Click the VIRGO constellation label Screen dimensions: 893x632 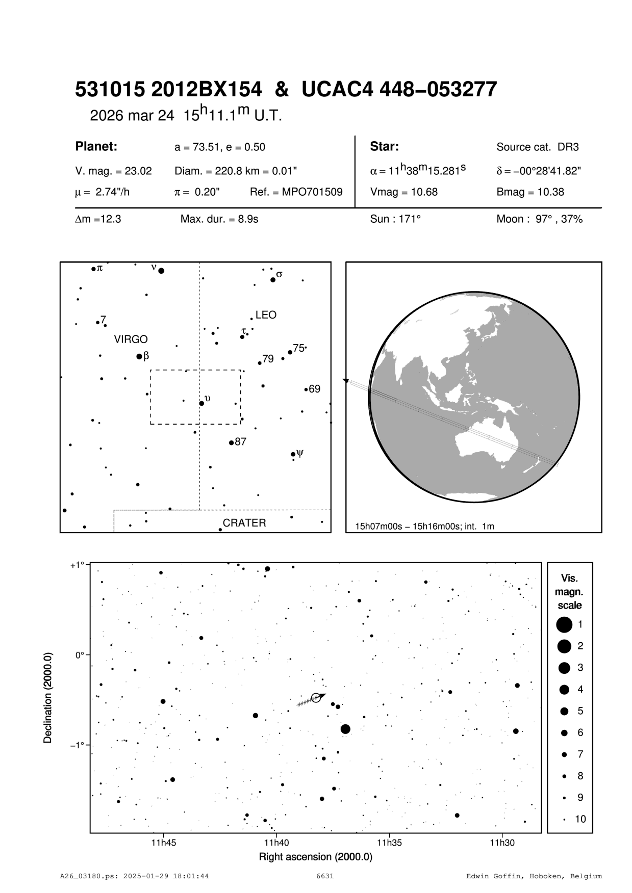click(131, 339)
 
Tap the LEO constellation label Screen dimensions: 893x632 click(266, 315)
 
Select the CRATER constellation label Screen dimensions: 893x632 click(244, 523)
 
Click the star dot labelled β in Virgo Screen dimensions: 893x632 click(139, 356)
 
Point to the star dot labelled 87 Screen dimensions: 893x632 click(231, 442)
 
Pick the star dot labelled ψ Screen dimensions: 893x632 click(293, 454)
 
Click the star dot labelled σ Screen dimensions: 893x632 click(273, 279)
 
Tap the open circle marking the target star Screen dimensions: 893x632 click(316, 698)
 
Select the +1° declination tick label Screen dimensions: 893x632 click(78, 565)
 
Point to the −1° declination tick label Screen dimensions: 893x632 click(78, 745)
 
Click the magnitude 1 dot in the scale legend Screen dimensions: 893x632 click(564, 624)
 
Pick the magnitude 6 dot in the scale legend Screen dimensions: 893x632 click(564, 732)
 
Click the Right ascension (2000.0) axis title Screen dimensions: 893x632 click(316, 857)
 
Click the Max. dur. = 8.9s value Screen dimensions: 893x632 click(219, 220)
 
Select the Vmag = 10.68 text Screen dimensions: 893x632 click(404, 192)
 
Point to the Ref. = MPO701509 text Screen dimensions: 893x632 click(296, 192)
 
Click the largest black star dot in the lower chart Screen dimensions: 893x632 click(345, 729)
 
